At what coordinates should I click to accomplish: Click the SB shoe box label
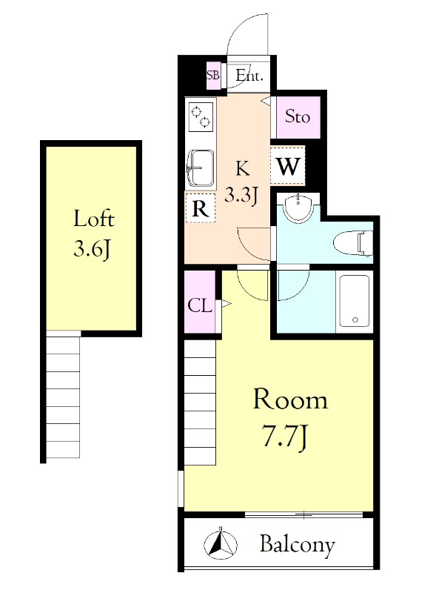pyautogui.click(x=212, y=75)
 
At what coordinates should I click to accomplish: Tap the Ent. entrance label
pyautogui.click(x=249, y=76)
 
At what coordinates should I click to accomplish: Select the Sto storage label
pyautogui.click(x=298, y=116)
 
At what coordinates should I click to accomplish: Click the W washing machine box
pyautogui.click(x=288, y=165)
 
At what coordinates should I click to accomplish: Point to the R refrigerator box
pyautogui.click(x=201, y=208)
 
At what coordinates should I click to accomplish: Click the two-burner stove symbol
pyautogui.click(x=201, y=116)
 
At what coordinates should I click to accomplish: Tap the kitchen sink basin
pyautogui.click(x=201, y=168)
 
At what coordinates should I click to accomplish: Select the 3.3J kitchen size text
pyautogui.click(x=241, y=195)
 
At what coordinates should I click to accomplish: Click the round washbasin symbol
pyautogui.click(x=298, y=208)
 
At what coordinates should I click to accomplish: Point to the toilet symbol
pyautogui.click(x=353, y=242)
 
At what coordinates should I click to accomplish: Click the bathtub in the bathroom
pyautogui.click(x=354, y=300)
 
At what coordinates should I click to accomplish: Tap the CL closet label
pyautogui.click(x=200, y=306)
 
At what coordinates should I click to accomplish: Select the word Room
pyautogui.click(x=290, y=400)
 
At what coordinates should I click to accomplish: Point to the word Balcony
pyautogui.click(x=298, y=545)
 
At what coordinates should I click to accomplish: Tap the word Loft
pyautogui.click(x=94, y=219)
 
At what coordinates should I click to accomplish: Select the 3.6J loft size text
pyautogui.click(x=93, y=249)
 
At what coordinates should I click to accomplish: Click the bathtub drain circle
pyautogui.click(x=355, y=320)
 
